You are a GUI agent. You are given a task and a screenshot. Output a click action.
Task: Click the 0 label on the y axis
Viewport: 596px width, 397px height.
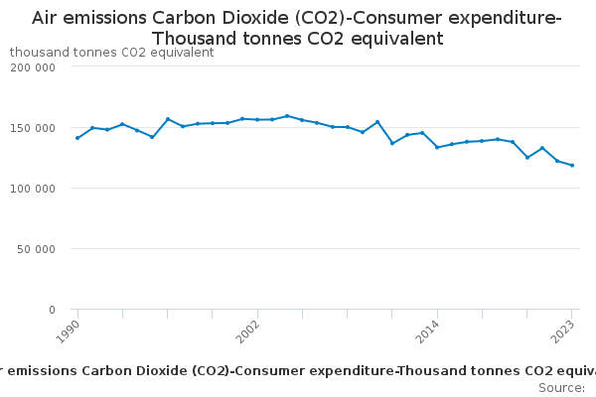[51, 310]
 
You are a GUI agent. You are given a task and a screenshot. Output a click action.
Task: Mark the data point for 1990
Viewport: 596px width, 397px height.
[77, 138]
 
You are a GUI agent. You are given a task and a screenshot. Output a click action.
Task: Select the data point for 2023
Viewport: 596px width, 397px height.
[572, 166]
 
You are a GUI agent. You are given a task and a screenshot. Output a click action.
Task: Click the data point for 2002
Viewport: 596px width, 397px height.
[257, 120]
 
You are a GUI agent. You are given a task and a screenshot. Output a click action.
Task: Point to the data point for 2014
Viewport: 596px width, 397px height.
[437, 147]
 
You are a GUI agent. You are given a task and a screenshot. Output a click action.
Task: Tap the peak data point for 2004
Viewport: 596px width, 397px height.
[287, 116]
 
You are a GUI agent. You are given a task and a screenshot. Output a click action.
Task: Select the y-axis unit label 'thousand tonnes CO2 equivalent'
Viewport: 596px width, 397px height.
[111, 53]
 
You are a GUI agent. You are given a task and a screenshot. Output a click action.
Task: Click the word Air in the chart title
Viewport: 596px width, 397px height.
[48, 18]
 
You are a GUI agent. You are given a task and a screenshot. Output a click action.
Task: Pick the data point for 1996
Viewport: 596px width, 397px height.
[167, 119]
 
